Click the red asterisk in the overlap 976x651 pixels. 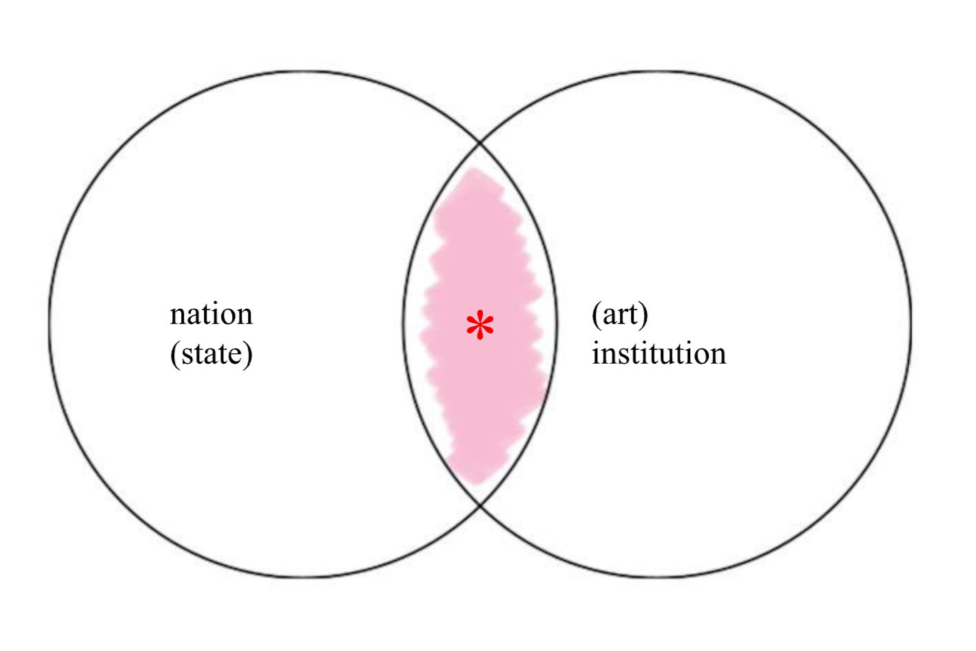[480, 326]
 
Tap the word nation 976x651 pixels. [211, 315]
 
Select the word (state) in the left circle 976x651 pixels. [211, 354]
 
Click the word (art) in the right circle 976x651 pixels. [620, 315]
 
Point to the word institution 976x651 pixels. [658, 354]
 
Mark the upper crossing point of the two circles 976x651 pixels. [480, 143]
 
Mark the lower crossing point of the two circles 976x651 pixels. [480, 506]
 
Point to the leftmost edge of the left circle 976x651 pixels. [50, 324]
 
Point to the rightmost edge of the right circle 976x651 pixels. [911, 324]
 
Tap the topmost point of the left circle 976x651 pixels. [303, 71]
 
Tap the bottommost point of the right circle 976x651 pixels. [658, 577]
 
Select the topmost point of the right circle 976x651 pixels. [658, 71]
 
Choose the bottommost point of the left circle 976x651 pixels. [303, 577]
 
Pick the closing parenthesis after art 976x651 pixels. [644, 316]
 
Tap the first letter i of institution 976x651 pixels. [596, 353]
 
